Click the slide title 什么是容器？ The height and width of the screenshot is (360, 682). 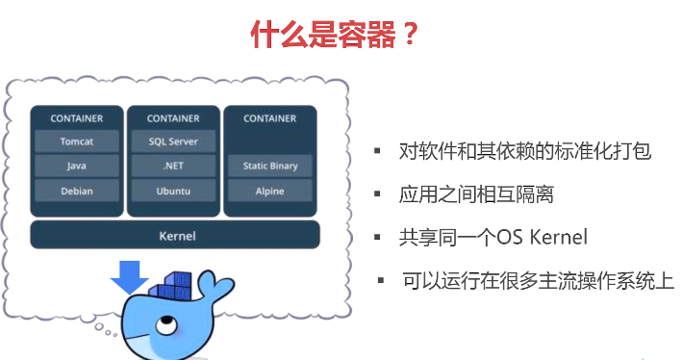(335, 36)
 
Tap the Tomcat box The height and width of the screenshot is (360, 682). (77, 141)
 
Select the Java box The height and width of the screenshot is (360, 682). (77, 166)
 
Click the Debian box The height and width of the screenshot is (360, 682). (77, 191)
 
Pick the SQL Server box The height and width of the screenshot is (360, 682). (173, 141)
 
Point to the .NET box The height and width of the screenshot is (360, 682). (173, 166)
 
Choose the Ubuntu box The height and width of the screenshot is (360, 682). (173, 191)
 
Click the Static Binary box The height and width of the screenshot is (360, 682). (270, 166)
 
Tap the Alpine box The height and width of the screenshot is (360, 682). (270, 191)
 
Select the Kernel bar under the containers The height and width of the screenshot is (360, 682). (174, 235)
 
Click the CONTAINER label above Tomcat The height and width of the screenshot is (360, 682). (77, 118)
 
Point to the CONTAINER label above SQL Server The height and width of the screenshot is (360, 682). (173, 118)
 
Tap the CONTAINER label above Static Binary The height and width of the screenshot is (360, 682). (270, 118)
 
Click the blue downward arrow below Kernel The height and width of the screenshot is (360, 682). (129, 275)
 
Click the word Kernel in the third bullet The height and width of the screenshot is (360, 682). (555, 237)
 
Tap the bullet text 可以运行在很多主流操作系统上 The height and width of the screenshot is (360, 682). (537, 280)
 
